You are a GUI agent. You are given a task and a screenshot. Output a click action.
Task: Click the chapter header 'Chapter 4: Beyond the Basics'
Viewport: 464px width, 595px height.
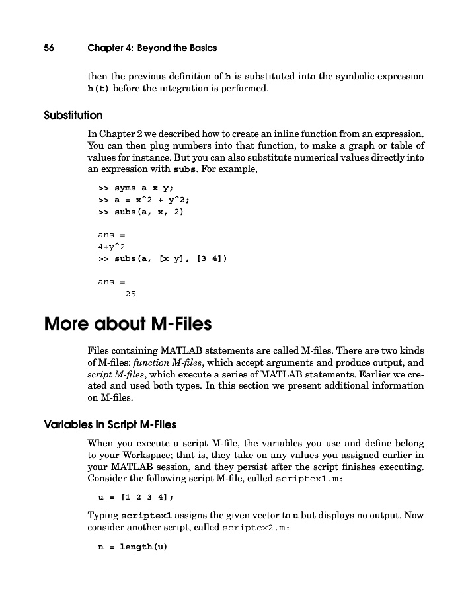152,48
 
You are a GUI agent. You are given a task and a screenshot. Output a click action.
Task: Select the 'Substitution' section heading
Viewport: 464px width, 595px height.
73,116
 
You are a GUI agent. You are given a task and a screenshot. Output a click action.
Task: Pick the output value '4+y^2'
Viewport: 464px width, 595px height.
112,247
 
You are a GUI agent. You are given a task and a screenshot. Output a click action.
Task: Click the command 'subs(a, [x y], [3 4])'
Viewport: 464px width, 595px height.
171,258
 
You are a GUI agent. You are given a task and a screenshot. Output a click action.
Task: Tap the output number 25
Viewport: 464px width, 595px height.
130,294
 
